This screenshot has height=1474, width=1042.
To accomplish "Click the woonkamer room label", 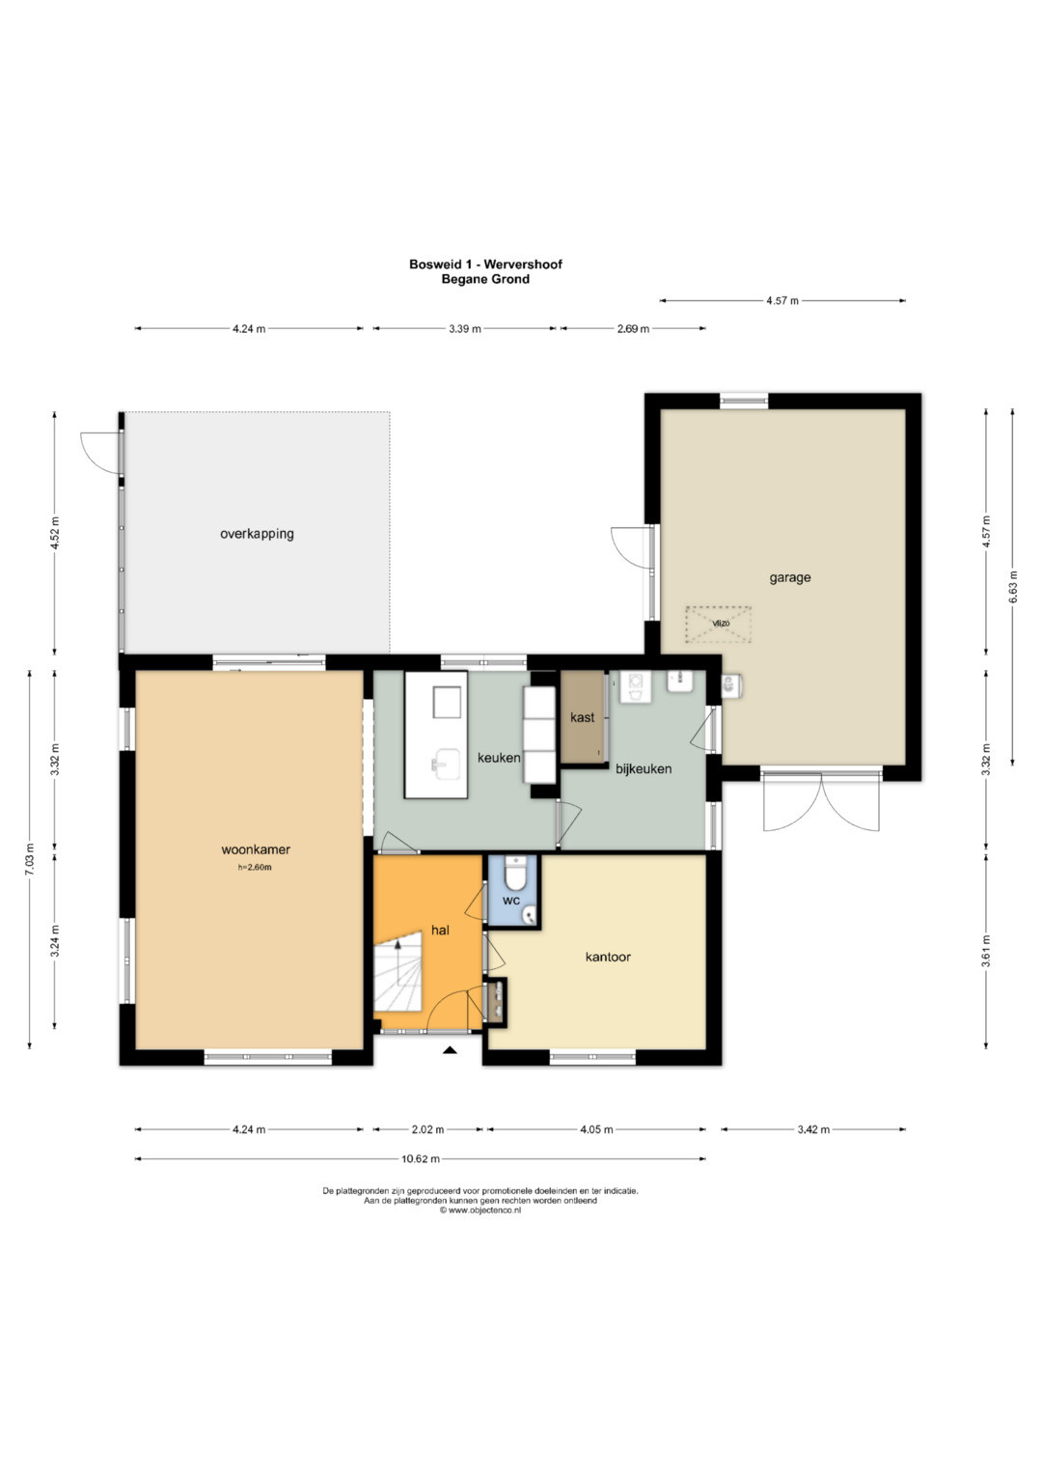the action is [256, 849].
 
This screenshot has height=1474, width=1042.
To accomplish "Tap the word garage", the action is [789, 578].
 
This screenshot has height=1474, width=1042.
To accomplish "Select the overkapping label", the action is [257, 534].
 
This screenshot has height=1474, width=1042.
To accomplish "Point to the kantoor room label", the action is [608, 957].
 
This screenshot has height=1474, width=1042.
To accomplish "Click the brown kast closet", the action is [582, 717].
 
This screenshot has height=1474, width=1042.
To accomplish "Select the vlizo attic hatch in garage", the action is [719, 624].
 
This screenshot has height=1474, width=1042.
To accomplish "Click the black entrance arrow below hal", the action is [450, 1051].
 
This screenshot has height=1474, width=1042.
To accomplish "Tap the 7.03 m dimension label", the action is [30, 859].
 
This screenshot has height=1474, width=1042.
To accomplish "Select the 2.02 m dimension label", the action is [426, 1129].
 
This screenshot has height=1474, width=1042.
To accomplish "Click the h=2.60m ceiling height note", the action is [255, 867].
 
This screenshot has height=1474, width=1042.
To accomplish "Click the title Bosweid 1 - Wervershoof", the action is [485, 264].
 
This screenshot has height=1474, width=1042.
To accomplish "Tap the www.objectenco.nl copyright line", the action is [480, 1210].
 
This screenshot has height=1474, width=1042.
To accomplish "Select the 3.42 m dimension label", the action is [813, 1129].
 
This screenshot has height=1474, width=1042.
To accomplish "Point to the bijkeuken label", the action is [644, 768].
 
